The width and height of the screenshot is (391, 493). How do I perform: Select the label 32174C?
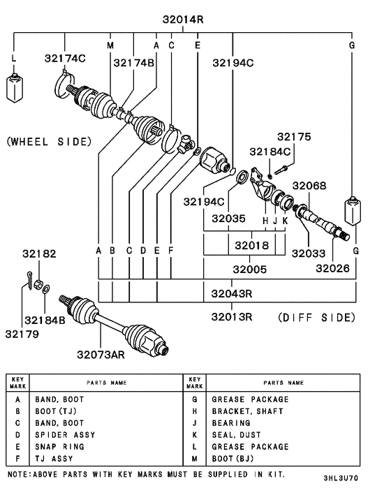point(66,58)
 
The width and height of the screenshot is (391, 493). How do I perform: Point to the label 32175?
point(293,137)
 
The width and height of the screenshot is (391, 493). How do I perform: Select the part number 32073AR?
point(100,354)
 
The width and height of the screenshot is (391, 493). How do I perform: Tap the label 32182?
point(39,255)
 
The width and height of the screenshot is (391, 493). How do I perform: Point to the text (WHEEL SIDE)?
point(49,141)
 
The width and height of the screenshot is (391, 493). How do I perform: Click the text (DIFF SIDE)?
point(316,317)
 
